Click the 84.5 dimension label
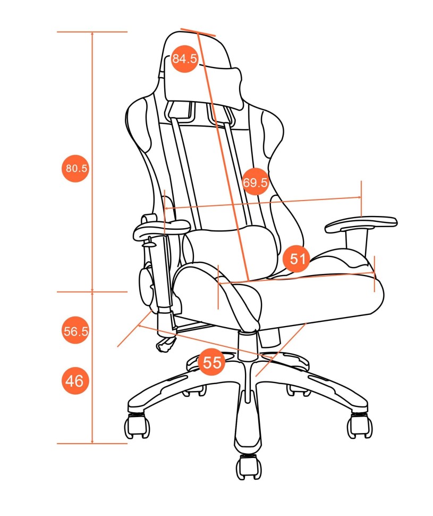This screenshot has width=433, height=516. [x=184, y=59]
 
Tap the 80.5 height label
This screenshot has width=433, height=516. [x=75, y=168]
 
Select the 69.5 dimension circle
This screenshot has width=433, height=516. [x=255, y=181]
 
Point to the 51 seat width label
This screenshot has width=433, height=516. [x=297, y=259]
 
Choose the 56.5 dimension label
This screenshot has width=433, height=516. [x=75, y=330]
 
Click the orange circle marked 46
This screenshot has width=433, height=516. [x=75, y=381]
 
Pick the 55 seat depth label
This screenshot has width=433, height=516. [x=211, y=362]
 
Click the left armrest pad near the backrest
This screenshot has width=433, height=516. [x=161, y=229]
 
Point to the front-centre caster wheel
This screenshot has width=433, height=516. [x=249, y=467]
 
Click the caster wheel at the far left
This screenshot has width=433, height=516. [x=138, y=426]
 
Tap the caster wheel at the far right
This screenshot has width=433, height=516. [x=360, y=425]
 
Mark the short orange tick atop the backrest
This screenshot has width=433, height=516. [x=198, y=32]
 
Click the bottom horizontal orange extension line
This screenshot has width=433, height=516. [x=92, y=444]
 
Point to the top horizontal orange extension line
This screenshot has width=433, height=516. [x=92, y=32]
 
